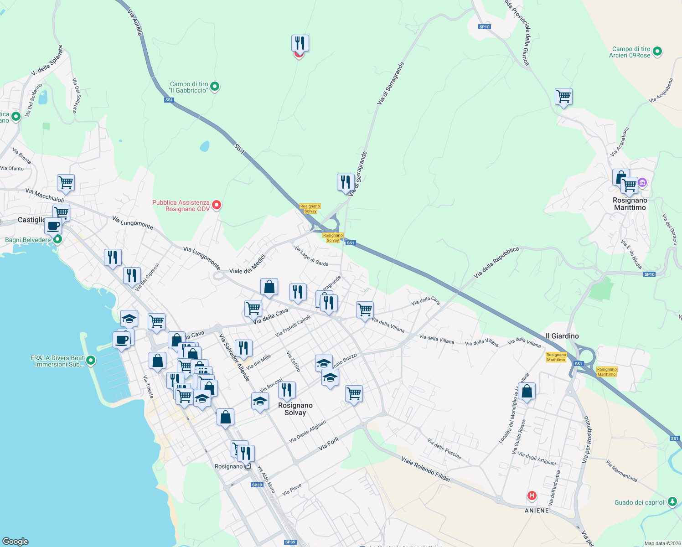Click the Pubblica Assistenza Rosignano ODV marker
click(x=217, y=205)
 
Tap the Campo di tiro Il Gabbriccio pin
click(x=215, y=86)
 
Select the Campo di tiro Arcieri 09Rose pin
click(x=657, y=52)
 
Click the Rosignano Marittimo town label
click(x=630, y=204)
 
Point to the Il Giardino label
click(x=562, y=336)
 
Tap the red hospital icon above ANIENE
click(x=532, y=495)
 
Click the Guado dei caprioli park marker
click(x=672, y=502)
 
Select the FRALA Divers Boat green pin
click(x=91, y=361)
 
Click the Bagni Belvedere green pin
click(x=57, y=239)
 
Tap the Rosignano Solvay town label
click(x=295, y=409)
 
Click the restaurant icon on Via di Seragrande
click(x=346, y=182)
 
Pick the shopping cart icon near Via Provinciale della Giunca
click(x=564, y=97)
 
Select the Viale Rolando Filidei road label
click(x=425, y=469)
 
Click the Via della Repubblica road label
click(x=496, y=263)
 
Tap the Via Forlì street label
click(x=328, y=444)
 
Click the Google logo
click(x=15, y=541)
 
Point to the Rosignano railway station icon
click(x=248, y=466)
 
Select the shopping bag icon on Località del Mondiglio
click(x=527, y=391)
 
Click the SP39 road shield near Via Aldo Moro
click(x=257, y=485)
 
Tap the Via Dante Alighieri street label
click(x=308, y=431)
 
